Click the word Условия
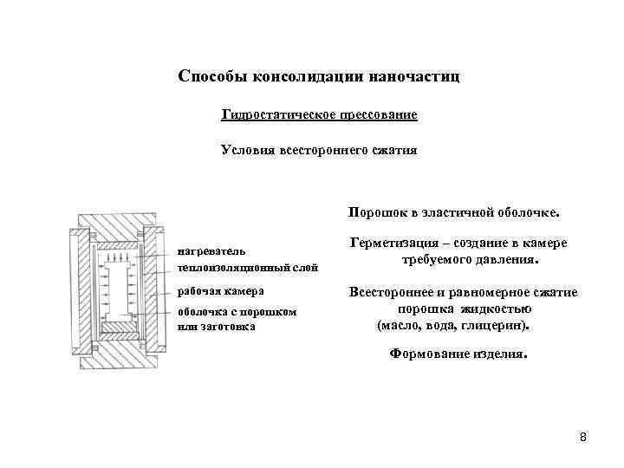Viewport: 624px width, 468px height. point(246,150)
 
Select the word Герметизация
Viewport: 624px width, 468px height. point(390,244)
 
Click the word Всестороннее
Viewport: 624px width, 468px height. point(391,293)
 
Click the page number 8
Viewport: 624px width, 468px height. point(582,436)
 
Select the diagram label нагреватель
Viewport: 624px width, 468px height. point(205,252)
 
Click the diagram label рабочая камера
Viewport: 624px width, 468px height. point(220,289)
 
